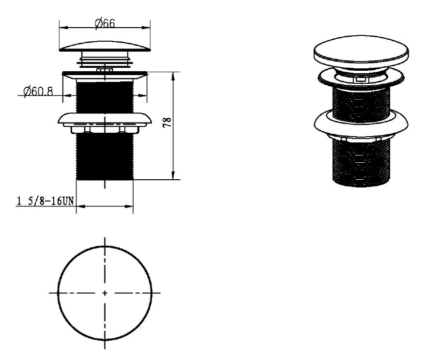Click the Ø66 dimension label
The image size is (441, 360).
click(105, 23)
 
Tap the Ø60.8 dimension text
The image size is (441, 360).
click(38, 91)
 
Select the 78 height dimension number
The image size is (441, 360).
click(167, 122)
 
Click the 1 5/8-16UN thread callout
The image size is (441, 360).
click(46, 201)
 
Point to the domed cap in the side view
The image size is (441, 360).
click(105, 47)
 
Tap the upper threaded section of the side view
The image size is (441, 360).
click(105, 96)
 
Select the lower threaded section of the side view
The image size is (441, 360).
click(105, 157)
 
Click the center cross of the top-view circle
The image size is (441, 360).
click(105, 293)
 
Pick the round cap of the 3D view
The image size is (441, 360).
click(361, 52)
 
